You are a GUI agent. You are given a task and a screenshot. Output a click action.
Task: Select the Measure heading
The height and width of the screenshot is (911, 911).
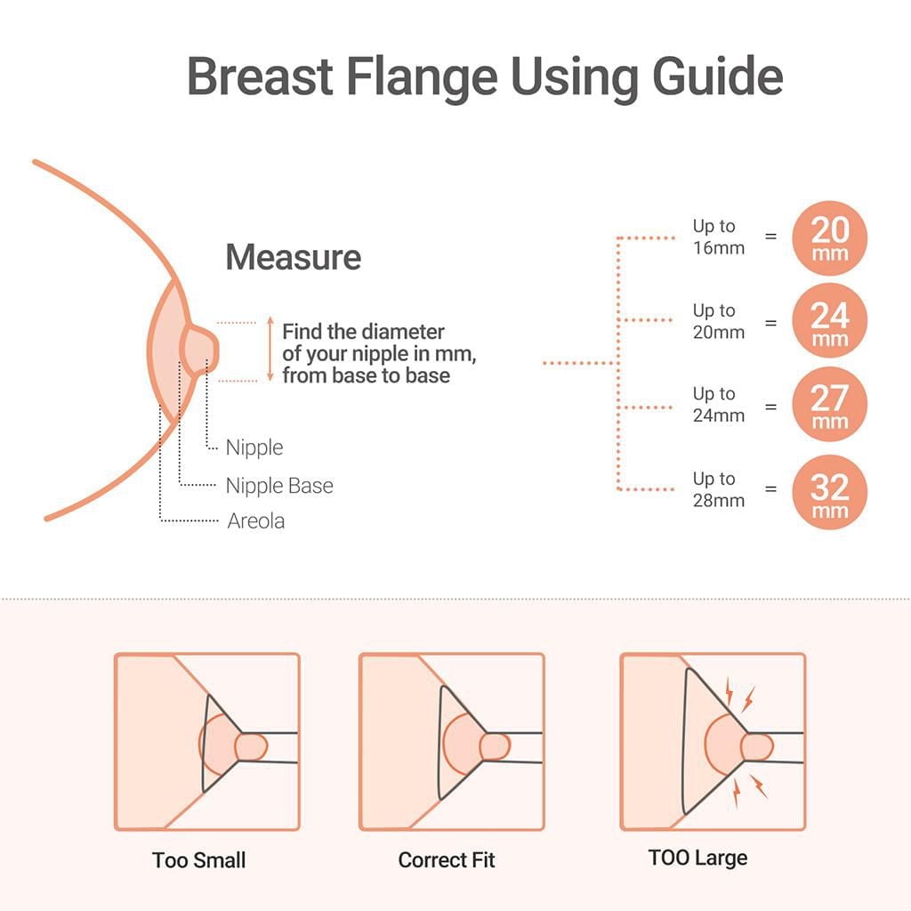[x=293, y=257]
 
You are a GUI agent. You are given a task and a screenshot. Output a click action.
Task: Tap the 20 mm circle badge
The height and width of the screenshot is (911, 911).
[x=829, y=238]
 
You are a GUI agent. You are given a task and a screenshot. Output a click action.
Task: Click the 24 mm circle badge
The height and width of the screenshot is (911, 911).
[x=829, y=322]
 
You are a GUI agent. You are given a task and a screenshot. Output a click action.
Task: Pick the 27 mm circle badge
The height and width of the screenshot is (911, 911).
[x=829, y=406]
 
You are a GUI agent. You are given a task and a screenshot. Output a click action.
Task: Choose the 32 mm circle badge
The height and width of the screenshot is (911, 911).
[x=829, y=491]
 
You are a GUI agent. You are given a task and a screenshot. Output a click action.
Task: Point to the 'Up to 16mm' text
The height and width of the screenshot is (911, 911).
[x=718, y=238]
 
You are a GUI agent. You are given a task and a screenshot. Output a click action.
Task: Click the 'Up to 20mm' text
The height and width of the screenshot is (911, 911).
[x=718, y=321]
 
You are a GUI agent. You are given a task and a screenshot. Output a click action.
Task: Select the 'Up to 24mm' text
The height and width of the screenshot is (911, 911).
[x=718, y=405]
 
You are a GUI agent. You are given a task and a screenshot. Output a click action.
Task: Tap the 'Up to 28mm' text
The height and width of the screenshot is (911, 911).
[x=718, y=489]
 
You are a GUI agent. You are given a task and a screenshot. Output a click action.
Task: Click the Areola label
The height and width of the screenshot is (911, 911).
[x=256, y=521]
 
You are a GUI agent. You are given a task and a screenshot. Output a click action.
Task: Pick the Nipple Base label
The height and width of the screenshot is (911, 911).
[x=279, y=486]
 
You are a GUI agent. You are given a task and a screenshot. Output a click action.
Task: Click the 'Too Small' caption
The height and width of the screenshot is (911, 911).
[x=198, y=860]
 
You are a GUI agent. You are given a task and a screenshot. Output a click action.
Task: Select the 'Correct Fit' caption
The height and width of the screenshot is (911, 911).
[x=447, y=860]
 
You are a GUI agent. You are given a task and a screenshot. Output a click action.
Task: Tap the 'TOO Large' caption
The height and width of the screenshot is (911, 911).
[x=697, y=859]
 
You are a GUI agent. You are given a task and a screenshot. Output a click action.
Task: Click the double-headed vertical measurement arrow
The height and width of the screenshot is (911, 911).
[x=270, y=351]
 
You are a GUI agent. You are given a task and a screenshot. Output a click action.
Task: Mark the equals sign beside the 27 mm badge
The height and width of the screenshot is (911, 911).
[x=770, y=406]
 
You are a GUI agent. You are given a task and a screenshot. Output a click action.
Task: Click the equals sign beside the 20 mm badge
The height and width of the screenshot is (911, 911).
[x=770, y=237]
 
